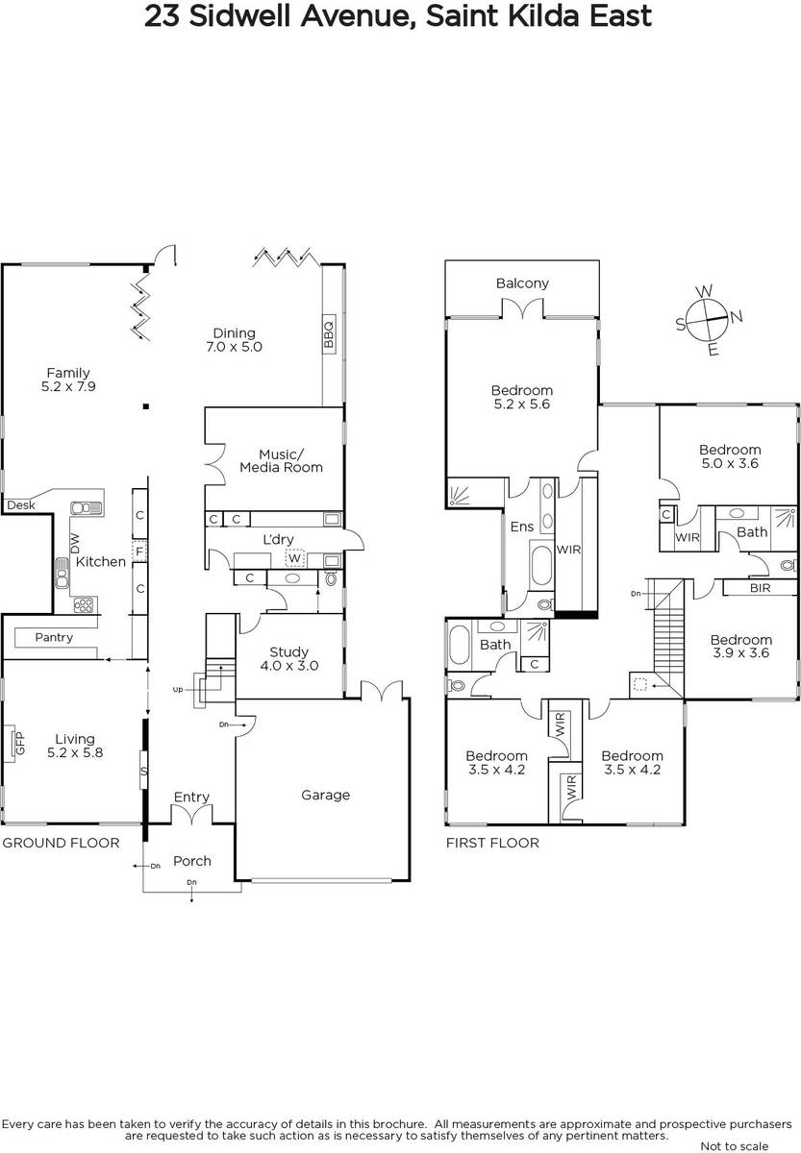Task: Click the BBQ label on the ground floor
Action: tap(329, 333)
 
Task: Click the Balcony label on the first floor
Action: tap(522, 283)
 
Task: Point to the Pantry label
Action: tap(54, 637)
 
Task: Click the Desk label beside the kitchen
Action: tap(21, 505)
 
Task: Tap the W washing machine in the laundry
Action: tap(294, 558)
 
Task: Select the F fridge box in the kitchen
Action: tap(139, 552)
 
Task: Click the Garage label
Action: tap(326, 795)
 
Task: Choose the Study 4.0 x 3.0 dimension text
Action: tap(289, 666)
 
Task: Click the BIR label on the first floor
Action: tap(761, 588)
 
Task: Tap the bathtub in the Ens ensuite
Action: tap(541, 565)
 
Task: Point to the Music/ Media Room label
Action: tap(281, 460)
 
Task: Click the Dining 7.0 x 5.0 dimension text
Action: tap(234, 347)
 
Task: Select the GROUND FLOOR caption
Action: tap(61, 843)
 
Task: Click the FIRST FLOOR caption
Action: tap(492, 843)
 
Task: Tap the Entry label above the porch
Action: tap(191, 797)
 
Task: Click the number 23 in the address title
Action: tap(163, 16)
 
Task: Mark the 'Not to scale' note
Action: tap(735, 1145)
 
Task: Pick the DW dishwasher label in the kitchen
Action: tap(75, 543)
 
